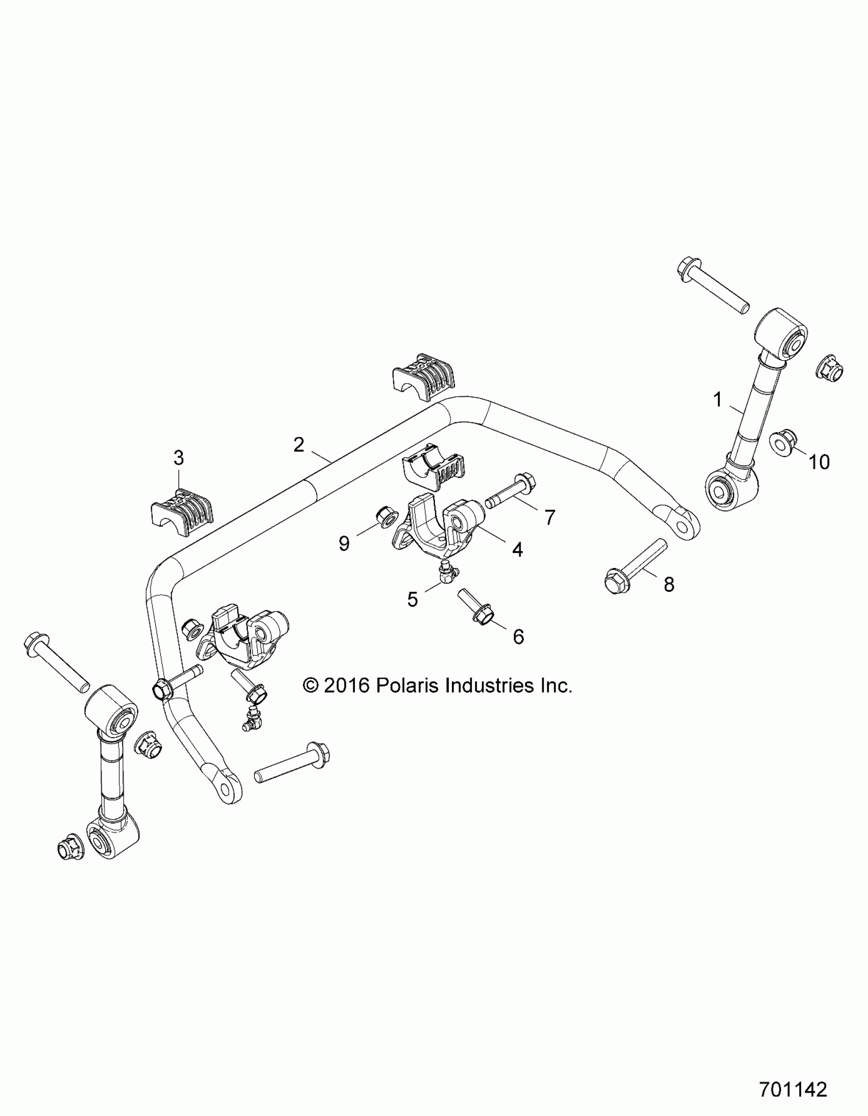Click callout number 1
click(718, 399)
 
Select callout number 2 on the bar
click(298, 444)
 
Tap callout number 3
click(178, 458)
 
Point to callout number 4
click(517, 550)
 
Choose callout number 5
click(413, 599)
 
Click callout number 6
click(518, 637)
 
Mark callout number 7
click(550, 518)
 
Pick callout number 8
click(669, 584)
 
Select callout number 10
click(819, 462)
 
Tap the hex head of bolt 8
click(612, 582)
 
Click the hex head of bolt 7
click(526, 481)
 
